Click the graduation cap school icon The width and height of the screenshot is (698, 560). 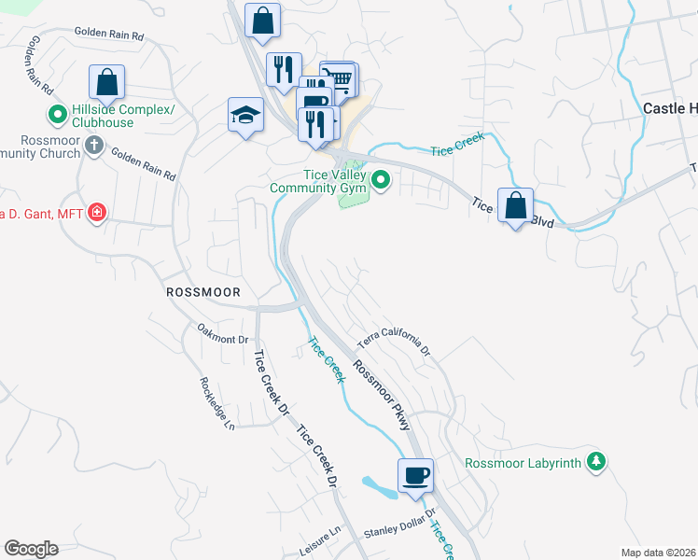(x=245, y=116)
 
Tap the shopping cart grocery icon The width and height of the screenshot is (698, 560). (x=341, y=78)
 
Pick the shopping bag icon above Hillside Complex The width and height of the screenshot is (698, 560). (x=107, y=81)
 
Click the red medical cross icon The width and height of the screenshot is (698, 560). (x=96, y=215)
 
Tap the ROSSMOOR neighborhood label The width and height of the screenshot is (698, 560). (x=202, y=292)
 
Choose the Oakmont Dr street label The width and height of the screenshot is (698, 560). (x=223, y=333)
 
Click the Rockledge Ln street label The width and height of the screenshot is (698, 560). (x=216, y=404)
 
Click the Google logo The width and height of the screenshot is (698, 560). (x=31, y=549)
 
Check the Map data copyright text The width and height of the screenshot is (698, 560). (x=657, y=553)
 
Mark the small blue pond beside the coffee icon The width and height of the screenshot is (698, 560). (x=379, y=486)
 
